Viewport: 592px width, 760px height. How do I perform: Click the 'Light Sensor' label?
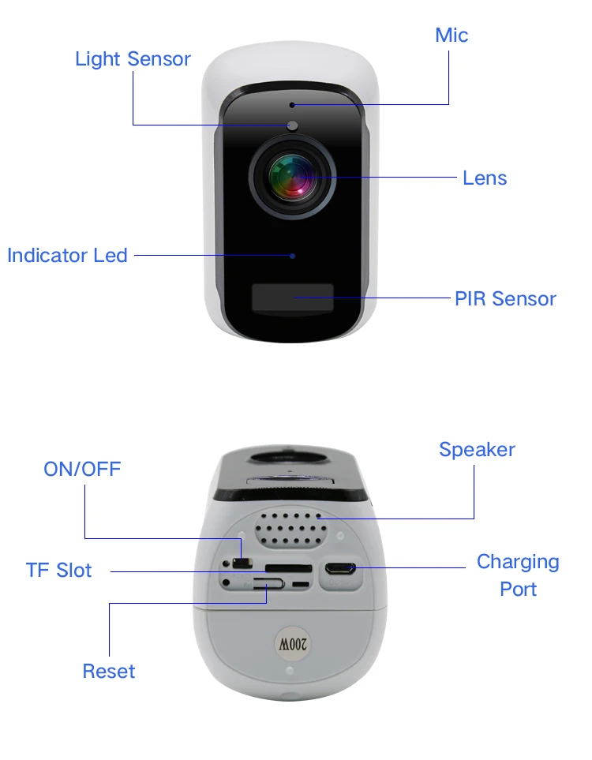pos(133,59)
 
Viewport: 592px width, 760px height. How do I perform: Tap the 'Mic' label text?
pos(451,36)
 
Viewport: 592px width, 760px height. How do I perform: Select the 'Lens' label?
pos(485,178)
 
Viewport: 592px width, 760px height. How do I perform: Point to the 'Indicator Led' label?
pos(67,256)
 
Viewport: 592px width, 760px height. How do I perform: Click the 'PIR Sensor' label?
pos(505,299)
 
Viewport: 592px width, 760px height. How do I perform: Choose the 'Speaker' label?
pos(477,450)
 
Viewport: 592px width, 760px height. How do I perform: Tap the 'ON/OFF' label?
pos(82,470)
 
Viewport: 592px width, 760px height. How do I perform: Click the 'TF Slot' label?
pos(59,571)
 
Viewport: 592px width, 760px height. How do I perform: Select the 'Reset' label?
pos(109,672)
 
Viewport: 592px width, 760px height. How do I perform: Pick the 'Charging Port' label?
pos(518,575)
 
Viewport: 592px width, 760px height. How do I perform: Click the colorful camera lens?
pos(292,175)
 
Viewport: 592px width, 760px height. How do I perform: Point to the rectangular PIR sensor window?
pos(292,298)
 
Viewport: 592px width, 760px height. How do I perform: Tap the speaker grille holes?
pos(292,528)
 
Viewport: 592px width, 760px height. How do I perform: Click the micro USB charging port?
pos(342,567)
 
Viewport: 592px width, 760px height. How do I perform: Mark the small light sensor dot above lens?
pos(292,125)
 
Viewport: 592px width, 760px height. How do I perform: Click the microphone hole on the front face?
pos(292,104)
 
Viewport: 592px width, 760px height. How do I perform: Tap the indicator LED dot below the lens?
pos(292,256)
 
